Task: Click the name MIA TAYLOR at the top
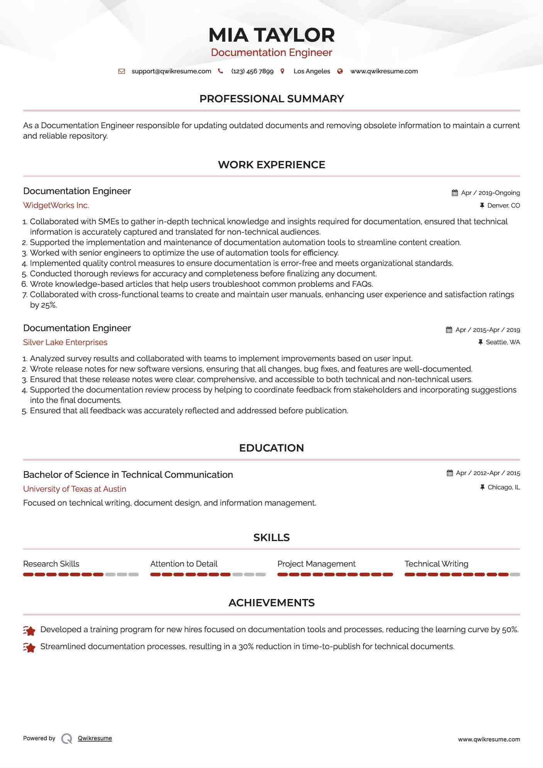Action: click(271, 35)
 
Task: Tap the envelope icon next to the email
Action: click(122, 71)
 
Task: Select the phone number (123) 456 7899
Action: click(252, 71)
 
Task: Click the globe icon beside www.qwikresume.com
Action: click(340, 71)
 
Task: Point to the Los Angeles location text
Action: click(311, 71)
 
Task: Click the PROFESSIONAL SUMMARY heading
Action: click(271, 99)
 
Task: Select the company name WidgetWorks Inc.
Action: click(56, 205)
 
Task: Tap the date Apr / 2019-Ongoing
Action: click(490, 193)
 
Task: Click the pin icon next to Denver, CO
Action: click(482, 206)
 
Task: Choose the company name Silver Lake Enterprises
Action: click(65, 342)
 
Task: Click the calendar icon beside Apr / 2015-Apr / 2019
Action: click(449, 330)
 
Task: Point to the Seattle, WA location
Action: click(502, 342)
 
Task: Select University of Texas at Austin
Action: click(74, 489)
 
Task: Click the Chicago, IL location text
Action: click(504, 487)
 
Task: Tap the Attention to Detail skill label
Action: click(184, 564)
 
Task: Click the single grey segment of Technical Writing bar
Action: click(515, 575)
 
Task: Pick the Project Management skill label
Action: click(316, 564)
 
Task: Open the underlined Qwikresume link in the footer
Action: click(95, 738)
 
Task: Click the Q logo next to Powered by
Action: click(67, 739)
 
